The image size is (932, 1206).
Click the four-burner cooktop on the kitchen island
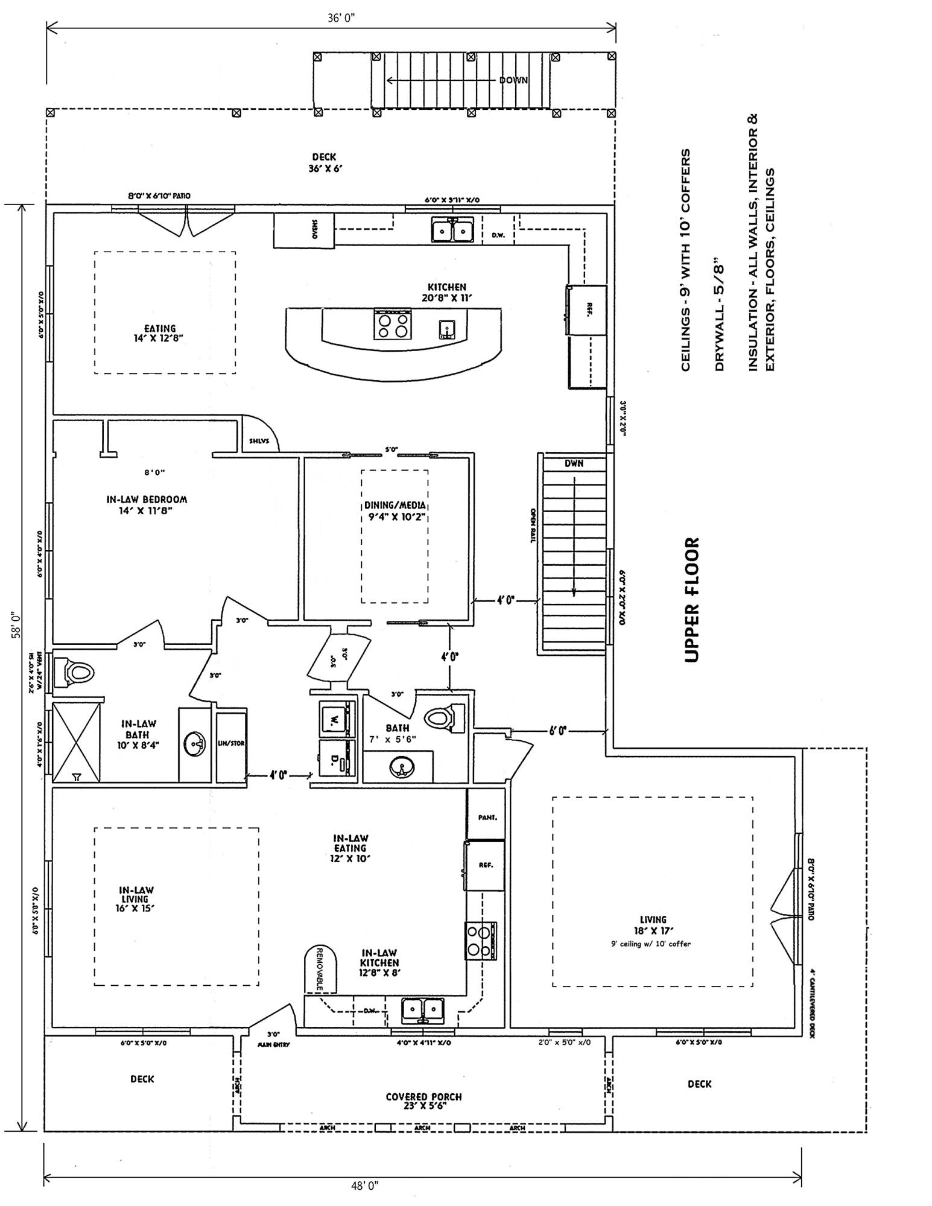click(393, 325)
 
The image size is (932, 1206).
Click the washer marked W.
click(333, 718)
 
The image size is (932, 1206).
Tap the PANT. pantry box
click(486, 817)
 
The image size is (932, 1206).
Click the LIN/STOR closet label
click(231, 743)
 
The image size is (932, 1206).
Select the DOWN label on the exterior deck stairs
click(513, 80)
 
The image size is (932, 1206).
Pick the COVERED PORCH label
click(423, 1096)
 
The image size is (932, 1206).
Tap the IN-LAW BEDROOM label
click(147, 500)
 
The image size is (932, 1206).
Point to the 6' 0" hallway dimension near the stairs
click(557, 731)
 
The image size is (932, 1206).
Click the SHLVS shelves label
click(259, 440)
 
